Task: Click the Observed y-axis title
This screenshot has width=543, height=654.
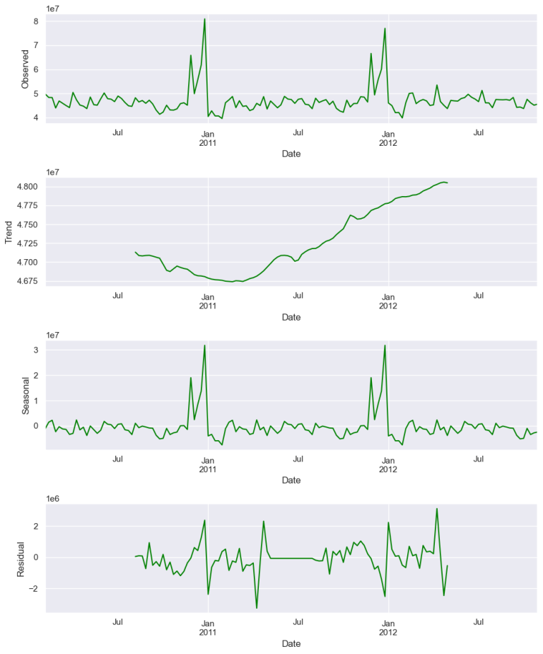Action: (25, 69)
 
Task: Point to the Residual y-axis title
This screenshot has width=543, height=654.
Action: (21, 558)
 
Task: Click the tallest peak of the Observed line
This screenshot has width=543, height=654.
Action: (204, 19)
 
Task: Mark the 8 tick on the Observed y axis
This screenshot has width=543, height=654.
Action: (35, 21)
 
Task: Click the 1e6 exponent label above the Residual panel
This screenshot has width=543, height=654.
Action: (52, 498)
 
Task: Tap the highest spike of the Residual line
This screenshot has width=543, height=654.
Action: (437, 508)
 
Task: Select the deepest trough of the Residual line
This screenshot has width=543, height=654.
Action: (257, 608)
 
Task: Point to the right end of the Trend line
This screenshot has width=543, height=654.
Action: (448, 183)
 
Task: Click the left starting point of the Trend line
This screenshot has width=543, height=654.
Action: (135, 252)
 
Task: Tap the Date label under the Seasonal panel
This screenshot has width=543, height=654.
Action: (291, 480)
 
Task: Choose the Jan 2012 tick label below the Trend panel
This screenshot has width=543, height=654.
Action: (387, 301)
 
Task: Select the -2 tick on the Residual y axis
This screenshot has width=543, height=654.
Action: (33, 589)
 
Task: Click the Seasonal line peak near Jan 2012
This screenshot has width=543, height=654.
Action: (385, 345)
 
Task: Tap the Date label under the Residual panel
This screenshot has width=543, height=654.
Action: (291, 643)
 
